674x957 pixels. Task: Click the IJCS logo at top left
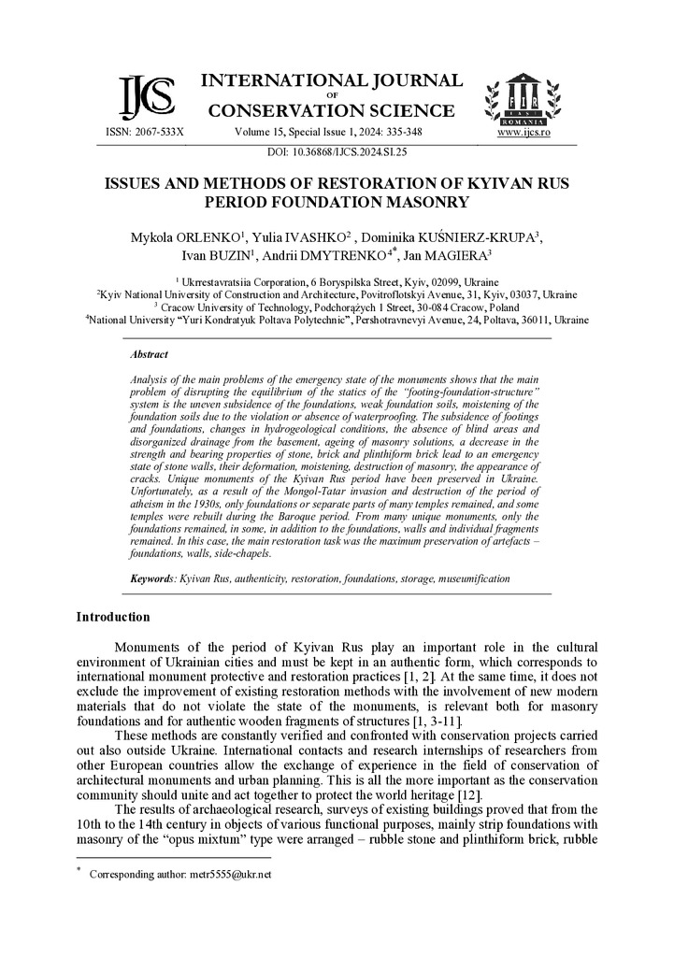147,96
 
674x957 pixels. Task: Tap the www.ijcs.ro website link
523,133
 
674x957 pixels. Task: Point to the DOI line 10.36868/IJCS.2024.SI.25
337,150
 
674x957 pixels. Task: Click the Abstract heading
150,355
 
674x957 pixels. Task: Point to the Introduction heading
112,617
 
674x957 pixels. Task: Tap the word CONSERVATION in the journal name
278,111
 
